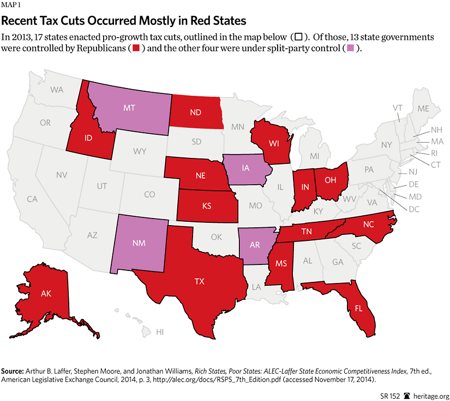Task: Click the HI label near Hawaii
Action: [x=160, y=332]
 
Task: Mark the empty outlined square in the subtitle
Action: [x=298, y=37]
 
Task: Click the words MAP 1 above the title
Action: [x=13, y=7]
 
